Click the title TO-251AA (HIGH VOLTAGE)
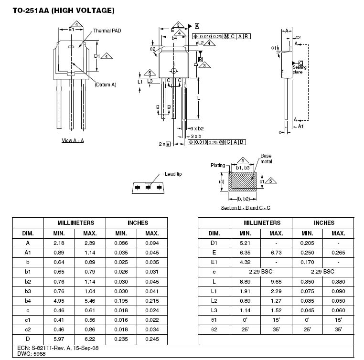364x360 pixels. pyautogui.click(x=64, y=11)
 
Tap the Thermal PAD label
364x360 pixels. pyautogui.click(x=107, y=31)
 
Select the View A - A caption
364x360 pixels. pyautogui.click(x=73, y=140)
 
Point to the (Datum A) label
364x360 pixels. pyautogui.click(x=106, y=85)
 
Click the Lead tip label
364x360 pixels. pyautogui.click(x=173, y=174)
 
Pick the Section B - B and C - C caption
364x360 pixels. pyautogui.click(x=246, y=208)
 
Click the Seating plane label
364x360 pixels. pyautogui.click(x=299, y=70)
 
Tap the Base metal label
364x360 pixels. pyautogui.click(x=266, y=159)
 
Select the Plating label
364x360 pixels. pyautogui.click(x=218, y=165)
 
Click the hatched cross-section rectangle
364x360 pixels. pyautogui.click(x=243, y=181)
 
